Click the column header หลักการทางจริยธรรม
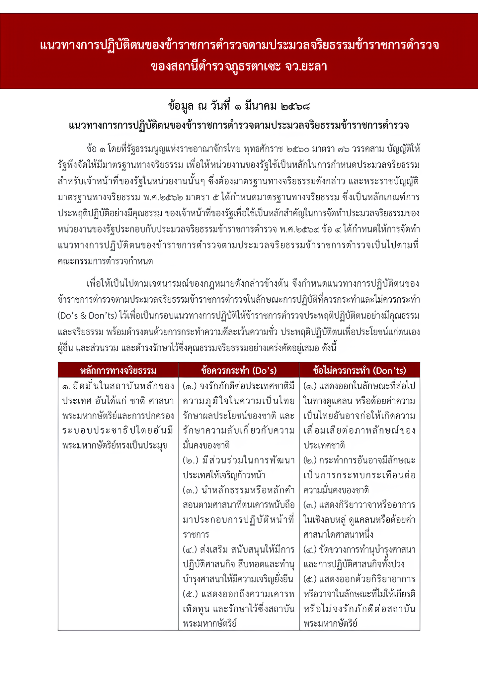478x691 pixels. [x=118, y=370]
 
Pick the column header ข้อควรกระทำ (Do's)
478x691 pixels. [x=239, y=370]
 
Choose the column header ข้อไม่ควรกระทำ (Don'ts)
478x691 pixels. [x=359, y=370]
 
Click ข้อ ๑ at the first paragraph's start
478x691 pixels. [x=96, y=149]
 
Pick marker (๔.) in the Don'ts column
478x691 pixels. [x=310, y=549]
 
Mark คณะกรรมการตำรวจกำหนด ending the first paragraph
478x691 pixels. [x=105, y=261]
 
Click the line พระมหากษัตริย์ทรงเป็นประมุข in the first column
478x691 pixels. [x=115, y=445]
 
